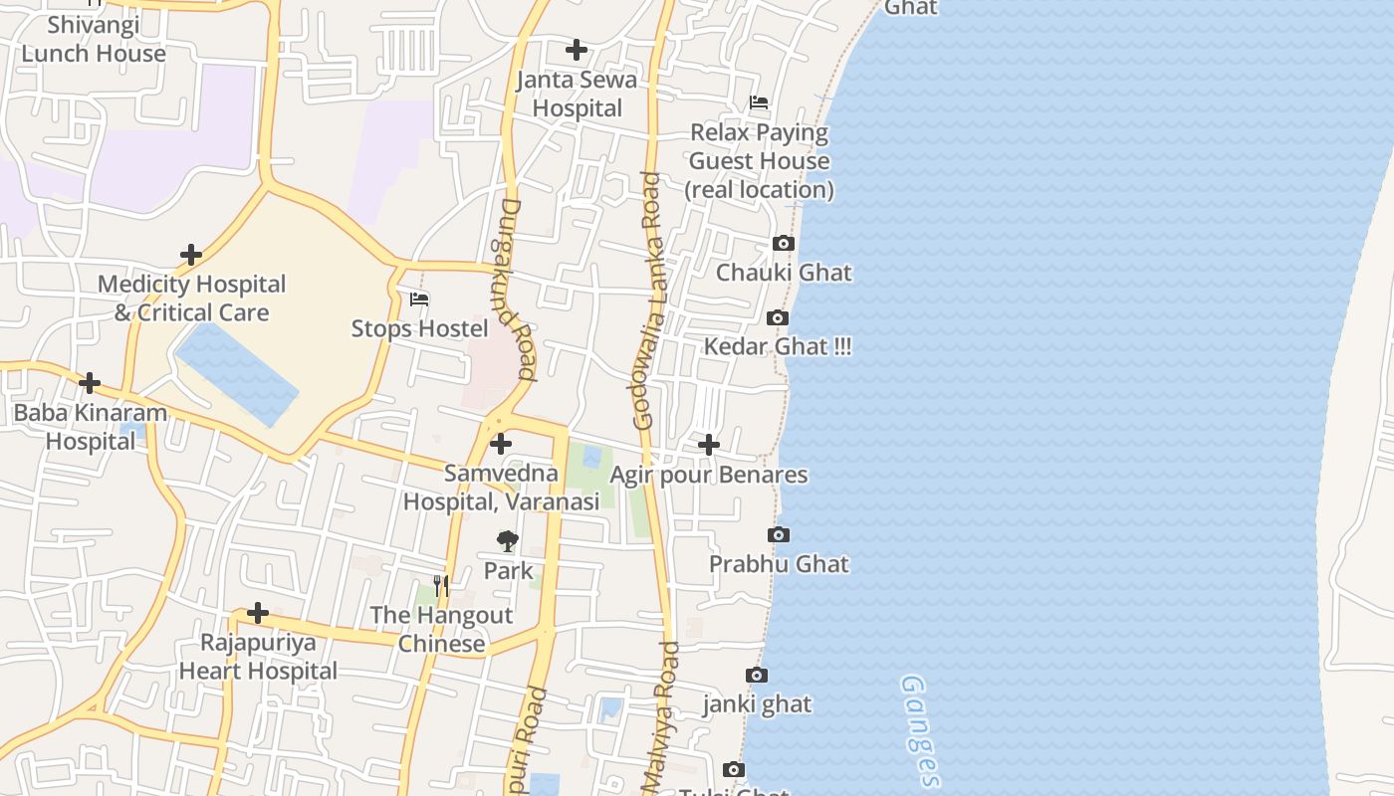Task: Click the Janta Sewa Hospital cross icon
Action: [576, 50]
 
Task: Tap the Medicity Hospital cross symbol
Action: [190, 255]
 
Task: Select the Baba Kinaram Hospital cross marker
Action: [90, 383]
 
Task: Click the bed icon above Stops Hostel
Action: [419, 298]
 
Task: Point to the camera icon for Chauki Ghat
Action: [784, 244]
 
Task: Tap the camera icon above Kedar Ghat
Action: [778, 318]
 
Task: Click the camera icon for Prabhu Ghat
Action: [779, 535]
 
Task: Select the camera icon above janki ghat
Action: [757, 676]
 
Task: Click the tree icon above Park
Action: [508, 541]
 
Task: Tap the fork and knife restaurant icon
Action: [441, 586]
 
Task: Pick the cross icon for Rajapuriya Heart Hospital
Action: [258, 613]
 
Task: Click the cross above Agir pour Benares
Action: [708, 445]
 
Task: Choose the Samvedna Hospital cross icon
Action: [501, 444]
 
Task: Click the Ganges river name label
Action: [921, 731]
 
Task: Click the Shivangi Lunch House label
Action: [94, 39]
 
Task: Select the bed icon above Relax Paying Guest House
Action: [759, 102]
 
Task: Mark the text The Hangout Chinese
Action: [441, 629]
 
